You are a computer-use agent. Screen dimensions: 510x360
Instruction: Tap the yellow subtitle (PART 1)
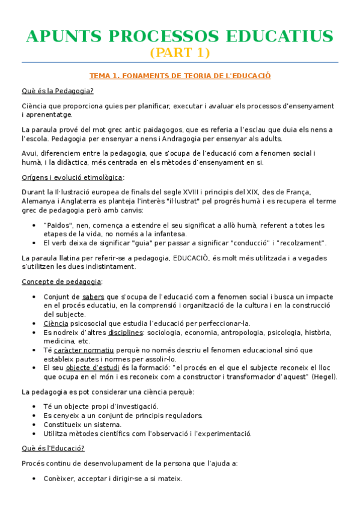[180, 53]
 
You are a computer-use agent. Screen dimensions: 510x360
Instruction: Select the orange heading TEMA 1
[180, 76]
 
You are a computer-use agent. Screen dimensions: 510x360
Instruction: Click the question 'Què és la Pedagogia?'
[57, 91]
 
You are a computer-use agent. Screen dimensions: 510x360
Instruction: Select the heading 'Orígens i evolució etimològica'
[72, 177]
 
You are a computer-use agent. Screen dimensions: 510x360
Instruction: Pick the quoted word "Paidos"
[58, 225]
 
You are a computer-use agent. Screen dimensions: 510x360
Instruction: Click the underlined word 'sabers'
[93, 296]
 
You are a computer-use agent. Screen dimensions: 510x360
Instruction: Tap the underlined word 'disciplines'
[125, 332]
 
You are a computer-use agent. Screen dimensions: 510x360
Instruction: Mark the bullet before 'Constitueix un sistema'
[32, 425]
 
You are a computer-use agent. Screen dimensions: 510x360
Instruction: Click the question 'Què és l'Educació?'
[53, 448]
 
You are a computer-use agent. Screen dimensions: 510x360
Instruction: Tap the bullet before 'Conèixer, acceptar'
[32, 479]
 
